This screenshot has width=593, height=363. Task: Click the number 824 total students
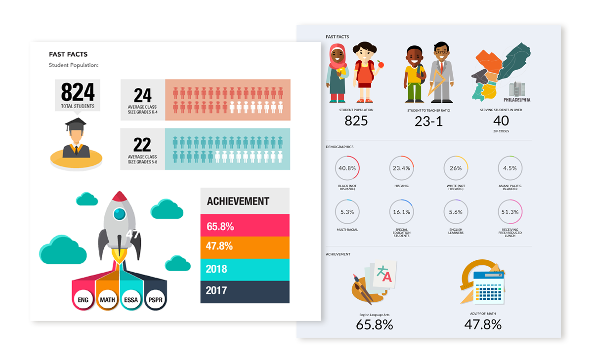tap(78, 92)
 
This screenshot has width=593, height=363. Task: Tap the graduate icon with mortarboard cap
tap(76, 139)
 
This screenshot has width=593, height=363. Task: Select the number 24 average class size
tap(142, 95)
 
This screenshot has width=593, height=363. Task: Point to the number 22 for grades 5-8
tap(142, 144)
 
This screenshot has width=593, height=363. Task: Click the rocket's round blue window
tap(119, 214)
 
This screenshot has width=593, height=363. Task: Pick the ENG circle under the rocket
tap(84, 299)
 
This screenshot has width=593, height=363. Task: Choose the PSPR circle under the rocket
tap(155, 299)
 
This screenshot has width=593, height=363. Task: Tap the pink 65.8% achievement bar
tap(245, 226)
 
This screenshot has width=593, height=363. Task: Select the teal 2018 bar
tap(245, 269)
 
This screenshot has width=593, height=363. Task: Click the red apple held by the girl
tap(380, 64)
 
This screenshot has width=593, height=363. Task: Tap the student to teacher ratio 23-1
tap(428, 121)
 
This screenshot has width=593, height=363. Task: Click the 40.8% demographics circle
tap(347, 168)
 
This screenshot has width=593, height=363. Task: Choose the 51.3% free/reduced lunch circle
tap(510, 212)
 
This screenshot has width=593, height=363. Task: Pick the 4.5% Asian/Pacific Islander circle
tap(510, 168)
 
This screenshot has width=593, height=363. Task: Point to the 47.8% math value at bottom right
tap(483, 324)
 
